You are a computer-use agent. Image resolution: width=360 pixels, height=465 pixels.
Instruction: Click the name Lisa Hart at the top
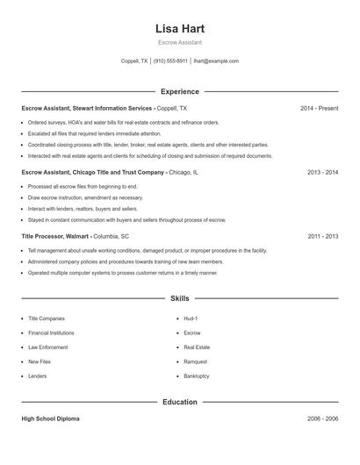179,28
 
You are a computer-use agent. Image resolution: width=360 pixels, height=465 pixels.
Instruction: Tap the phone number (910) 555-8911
171,61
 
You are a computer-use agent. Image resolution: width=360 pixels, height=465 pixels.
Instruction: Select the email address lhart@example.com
216,61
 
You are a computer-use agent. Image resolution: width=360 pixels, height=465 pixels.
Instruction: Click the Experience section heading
179,91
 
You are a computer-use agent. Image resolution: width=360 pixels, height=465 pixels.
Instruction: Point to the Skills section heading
179,299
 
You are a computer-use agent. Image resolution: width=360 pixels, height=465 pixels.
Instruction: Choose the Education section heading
179,402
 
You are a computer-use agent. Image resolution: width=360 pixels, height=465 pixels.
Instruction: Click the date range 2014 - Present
319,108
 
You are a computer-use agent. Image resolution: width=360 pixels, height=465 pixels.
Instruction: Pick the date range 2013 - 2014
322,173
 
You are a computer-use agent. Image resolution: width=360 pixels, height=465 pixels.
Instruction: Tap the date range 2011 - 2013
322,237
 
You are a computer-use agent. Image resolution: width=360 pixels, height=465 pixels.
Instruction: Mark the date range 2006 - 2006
322,419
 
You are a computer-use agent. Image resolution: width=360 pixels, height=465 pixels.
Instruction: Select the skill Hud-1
191,318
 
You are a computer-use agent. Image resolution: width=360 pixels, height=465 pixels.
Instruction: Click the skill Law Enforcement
47,347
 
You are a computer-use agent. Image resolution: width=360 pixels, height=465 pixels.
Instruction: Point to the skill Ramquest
196,361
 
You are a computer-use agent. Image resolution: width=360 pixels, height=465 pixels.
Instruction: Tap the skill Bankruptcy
197,376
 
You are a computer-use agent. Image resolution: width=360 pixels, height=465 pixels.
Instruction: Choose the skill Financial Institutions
51,333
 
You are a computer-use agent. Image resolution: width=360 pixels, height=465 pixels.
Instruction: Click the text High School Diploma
50,419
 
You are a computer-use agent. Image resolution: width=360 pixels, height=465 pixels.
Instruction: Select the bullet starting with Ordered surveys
123,123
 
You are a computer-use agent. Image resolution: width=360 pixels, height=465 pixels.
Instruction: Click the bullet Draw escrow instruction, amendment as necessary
84,198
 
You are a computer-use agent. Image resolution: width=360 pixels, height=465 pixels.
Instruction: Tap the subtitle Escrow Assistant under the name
179,42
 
